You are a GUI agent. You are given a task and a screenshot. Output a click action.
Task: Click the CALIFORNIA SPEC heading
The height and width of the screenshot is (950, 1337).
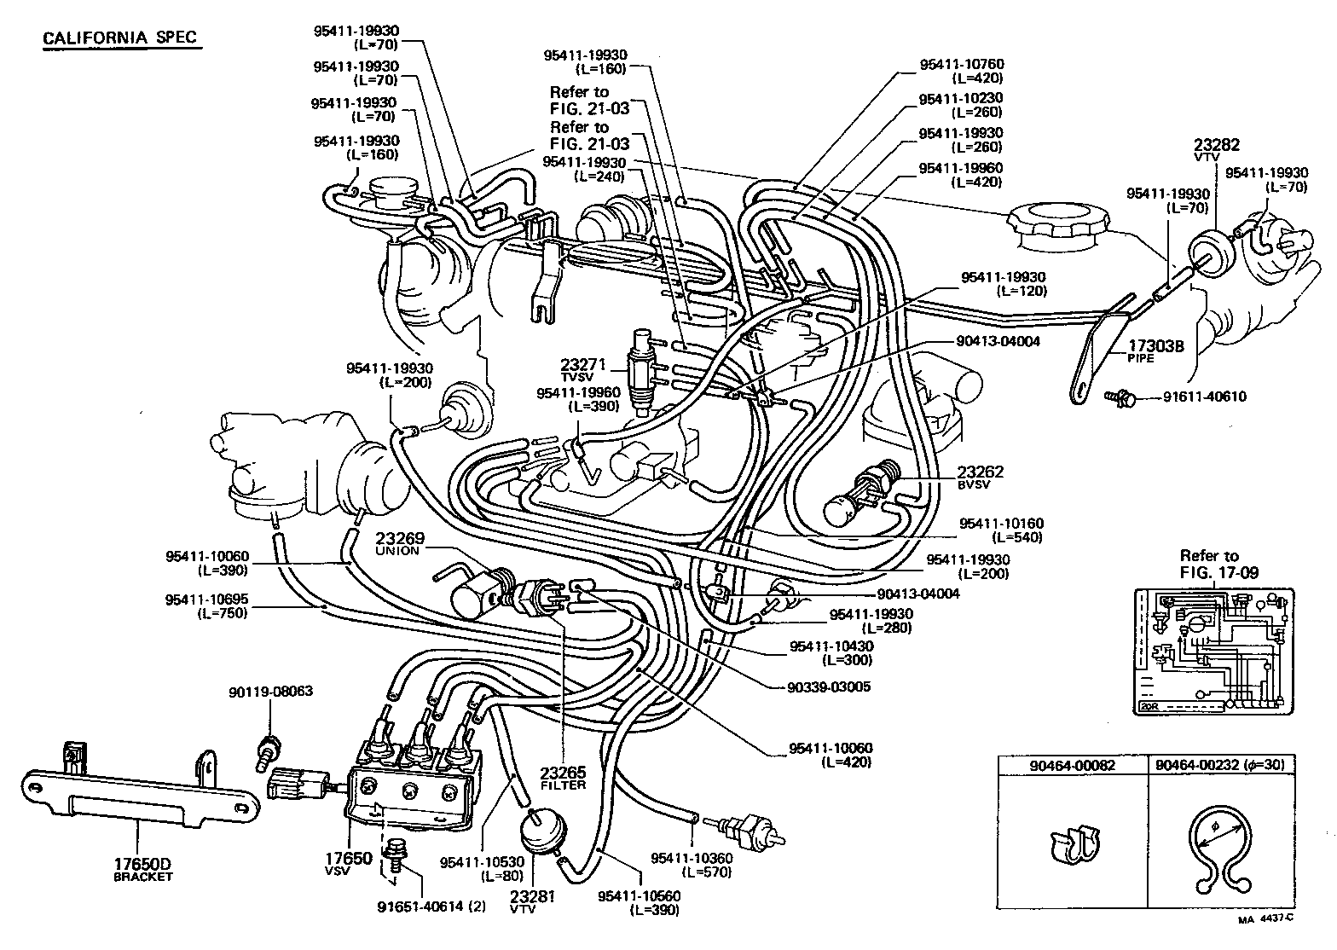tap(119, 38)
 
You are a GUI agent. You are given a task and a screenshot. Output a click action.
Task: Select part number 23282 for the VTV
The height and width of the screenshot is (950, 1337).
tap(1216, 146)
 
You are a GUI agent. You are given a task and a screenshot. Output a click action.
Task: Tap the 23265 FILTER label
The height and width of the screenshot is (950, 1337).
tap(563, 779)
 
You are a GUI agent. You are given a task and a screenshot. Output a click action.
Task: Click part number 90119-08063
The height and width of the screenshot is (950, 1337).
tap(270, 691)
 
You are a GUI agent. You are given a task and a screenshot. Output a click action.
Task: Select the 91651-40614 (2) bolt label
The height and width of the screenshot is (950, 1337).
tap(431, 907)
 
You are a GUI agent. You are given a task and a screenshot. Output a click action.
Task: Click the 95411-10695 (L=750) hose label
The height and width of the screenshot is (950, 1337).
tap(207, 606)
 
